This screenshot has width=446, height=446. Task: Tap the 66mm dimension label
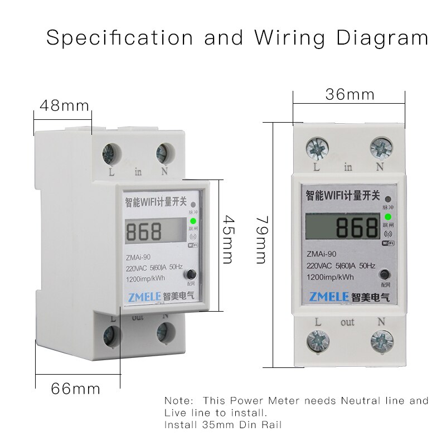coord(76,389)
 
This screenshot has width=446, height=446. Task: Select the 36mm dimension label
coord(350,94)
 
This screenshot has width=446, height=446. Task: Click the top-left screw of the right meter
coord(317,148)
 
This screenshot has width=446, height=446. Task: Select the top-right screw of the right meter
coord(381,148)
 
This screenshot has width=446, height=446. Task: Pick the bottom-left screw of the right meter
coord(317,340)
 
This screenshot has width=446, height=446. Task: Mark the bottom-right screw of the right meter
coord(382,340)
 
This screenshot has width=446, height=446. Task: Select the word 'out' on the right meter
coord(347,322)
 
